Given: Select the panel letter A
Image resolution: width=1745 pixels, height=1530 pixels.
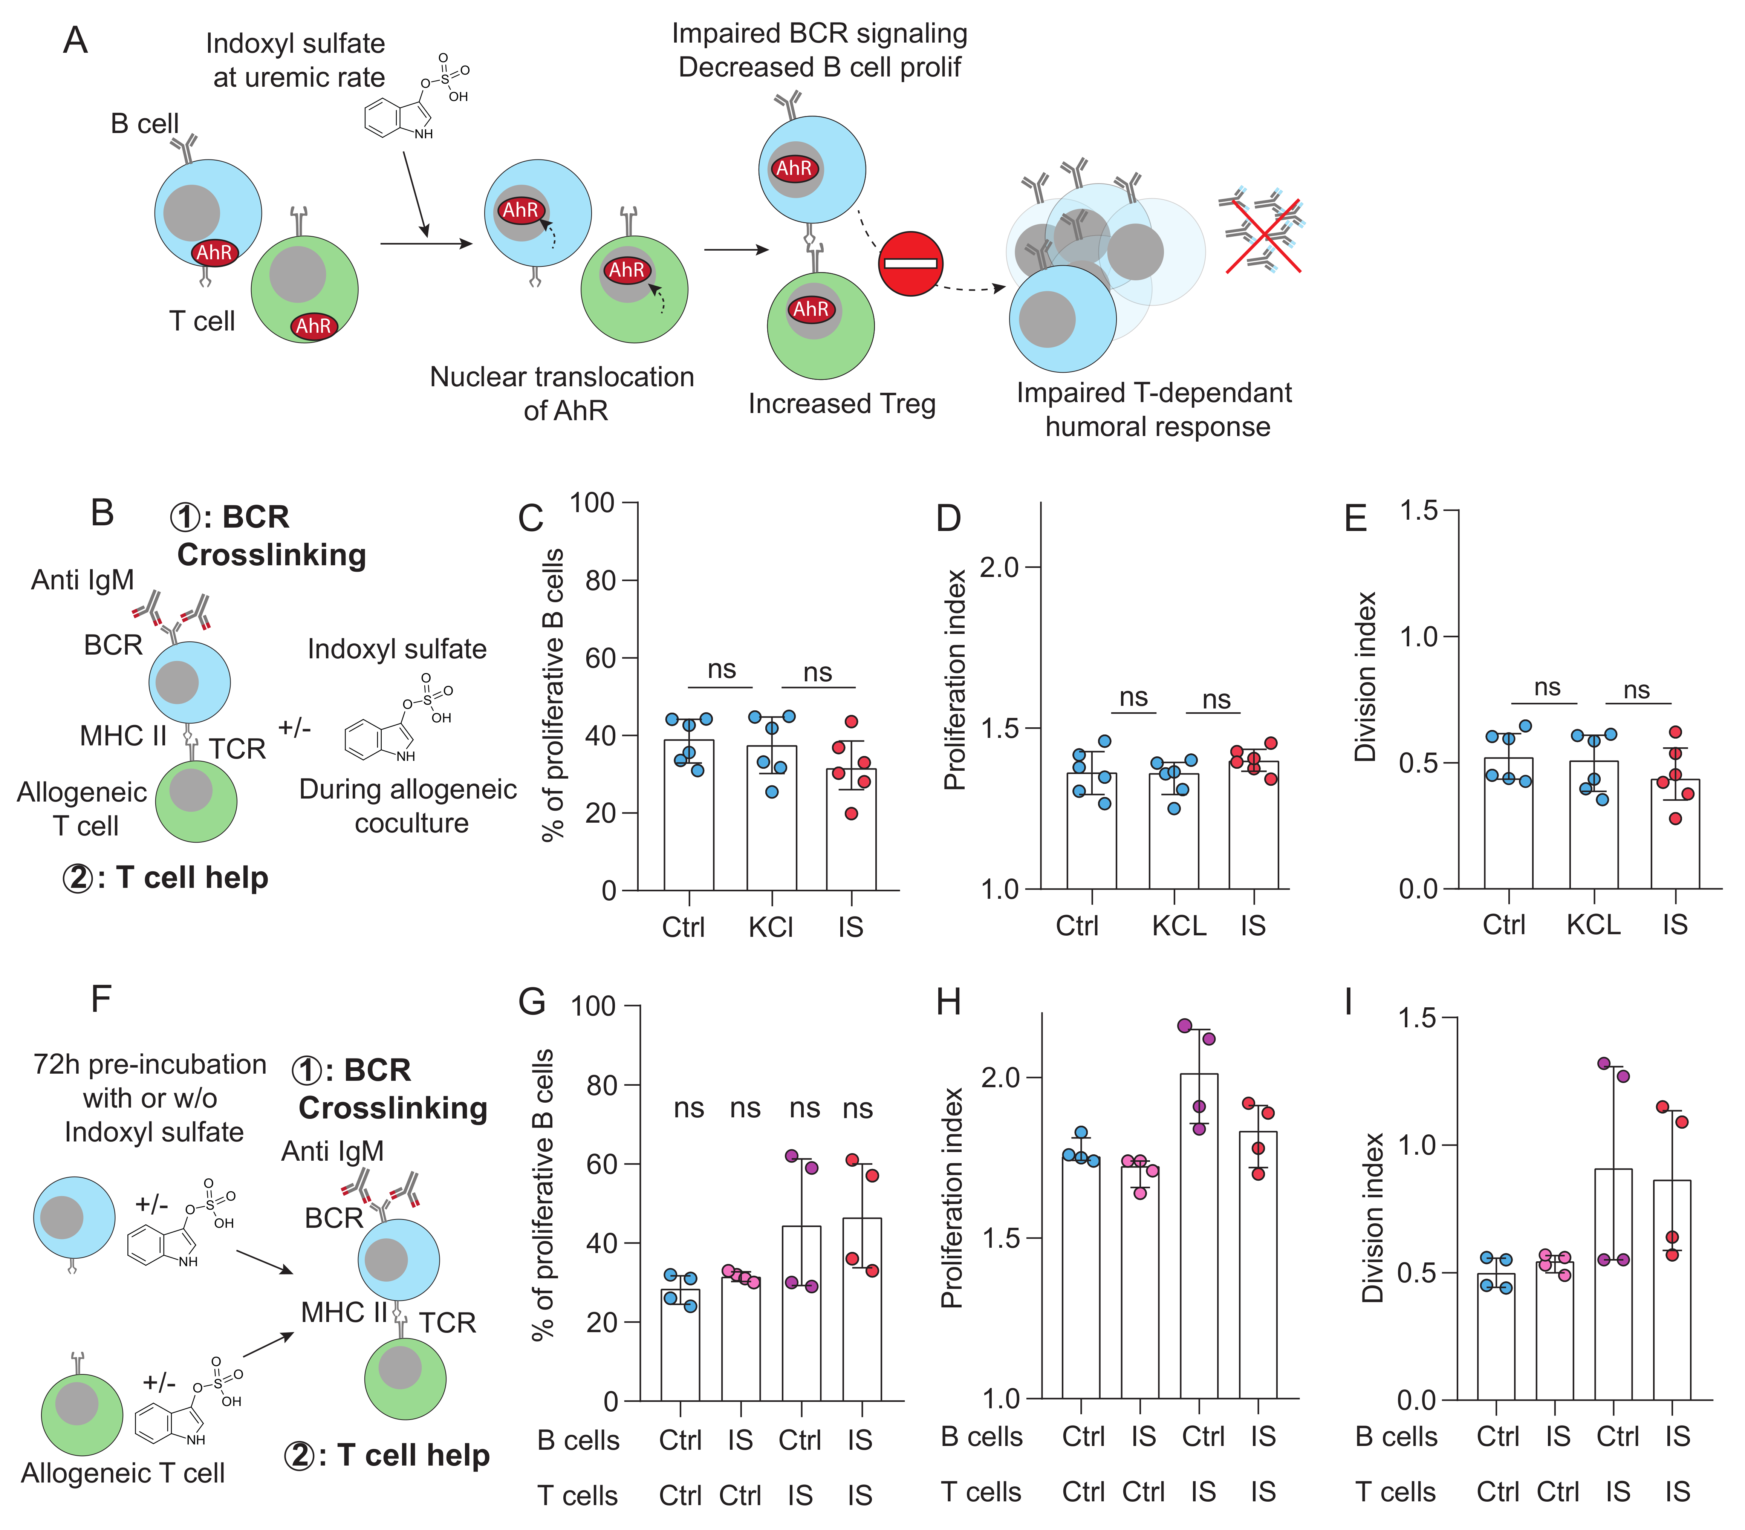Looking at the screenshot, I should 75,40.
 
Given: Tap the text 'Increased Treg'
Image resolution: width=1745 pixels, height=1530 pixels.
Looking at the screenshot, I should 842,404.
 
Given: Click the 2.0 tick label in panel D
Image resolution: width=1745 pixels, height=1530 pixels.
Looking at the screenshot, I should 999,567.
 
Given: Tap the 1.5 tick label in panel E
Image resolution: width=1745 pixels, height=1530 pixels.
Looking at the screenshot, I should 1419,511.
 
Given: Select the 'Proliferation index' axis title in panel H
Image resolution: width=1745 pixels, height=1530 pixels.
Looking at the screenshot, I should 952,1197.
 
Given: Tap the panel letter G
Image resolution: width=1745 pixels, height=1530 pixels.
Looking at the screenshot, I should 532,1002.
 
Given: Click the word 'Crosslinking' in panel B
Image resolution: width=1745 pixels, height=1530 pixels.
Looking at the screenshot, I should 271,555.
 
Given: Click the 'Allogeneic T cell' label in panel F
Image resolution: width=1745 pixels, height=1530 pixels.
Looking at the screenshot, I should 123,1473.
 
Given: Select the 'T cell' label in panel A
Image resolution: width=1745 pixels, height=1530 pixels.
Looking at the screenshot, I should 202,321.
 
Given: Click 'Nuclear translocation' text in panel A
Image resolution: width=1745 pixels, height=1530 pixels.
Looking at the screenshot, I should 562,376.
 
